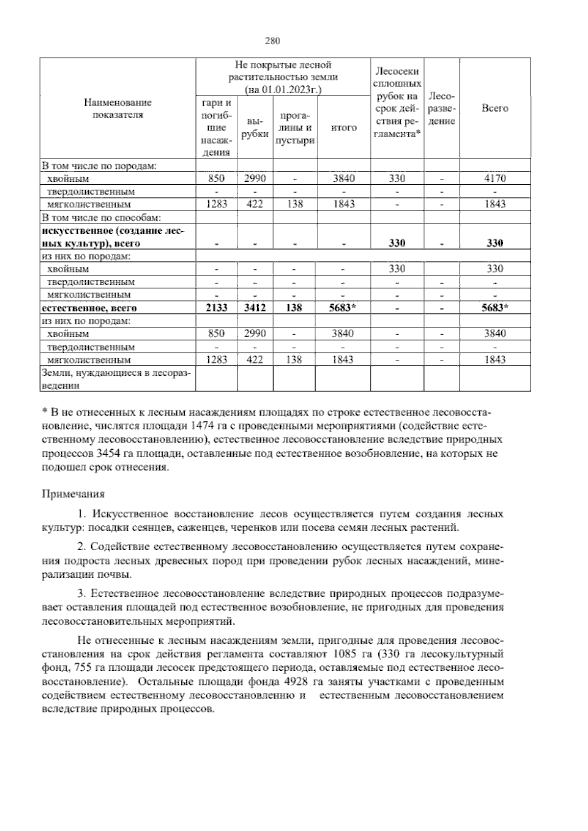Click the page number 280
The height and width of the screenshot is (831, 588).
coord(272,41)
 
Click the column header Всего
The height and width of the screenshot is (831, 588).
coord(494,108)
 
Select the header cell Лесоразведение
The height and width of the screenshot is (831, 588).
coord(441,108)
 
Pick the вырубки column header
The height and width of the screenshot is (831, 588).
coord(255,127)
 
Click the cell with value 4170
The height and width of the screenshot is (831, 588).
coord(494,178)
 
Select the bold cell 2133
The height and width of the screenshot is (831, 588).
coord(216,308)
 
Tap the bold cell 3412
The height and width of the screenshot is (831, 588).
coord(255,308)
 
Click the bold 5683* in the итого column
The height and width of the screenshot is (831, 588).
coord(343,308)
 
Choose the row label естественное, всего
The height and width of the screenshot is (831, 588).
coord(89,308)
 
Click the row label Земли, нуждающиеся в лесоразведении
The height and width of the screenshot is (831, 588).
coord(117,379)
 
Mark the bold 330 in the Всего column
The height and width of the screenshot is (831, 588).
coord(494,243)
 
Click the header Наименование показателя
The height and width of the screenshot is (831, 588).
coord(118,108)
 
